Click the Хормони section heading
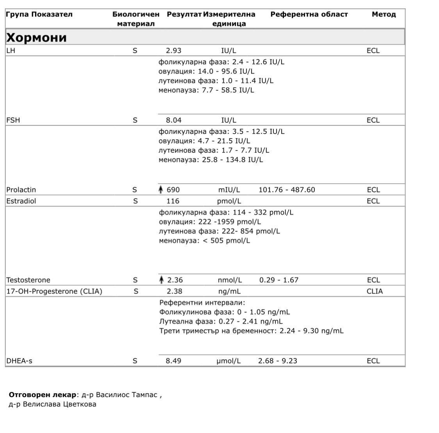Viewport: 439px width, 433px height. (36, 38)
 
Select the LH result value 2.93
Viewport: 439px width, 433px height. (173, 50)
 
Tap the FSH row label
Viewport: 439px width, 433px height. (13, 120)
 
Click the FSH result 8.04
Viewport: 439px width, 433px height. (173, 120)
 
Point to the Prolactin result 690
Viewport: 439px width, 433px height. (173, 190)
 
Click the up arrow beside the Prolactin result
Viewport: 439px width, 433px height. (160, 190)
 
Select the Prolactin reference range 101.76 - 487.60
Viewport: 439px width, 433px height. (287, 190)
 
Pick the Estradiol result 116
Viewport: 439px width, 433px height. (173, 201)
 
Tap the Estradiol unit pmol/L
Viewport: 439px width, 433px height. (229, 201)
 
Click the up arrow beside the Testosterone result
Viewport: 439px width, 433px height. (161, 280)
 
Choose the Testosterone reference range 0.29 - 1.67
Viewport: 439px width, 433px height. (278, 280)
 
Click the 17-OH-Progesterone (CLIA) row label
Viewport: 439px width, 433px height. (54, 291)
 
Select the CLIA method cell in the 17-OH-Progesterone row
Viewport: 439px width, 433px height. (375, 291)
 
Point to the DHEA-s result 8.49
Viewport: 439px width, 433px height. (173, 361)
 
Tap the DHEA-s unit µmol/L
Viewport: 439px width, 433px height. (228, 361)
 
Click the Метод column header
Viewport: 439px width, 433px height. (384, 14)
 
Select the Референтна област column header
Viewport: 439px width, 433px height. (309, 14)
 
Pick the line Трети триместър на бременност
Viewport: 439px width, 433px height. (252, 331)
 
